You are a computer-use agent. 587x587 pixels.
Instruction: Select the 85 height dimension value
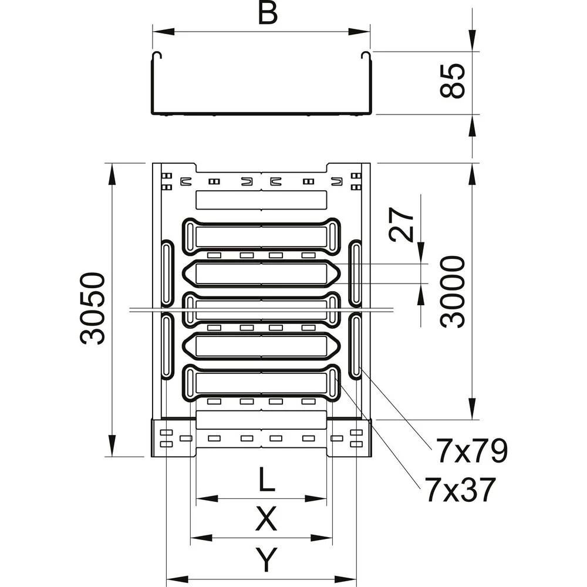(x=454, y=82)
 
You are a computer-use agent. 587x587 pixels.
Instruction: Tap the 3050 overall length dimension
(x=93, y=308)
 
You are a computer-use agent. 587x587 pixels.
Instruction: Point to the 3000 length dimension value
(x=454, y=291)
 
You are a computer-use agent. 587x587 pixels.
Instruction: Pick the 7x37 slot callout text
(x=461, y=490)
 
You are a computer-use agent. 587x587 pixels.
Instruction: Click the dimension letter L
(x=266, y=481)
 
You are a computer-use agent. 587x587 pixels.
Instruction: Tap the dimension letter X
(x=266, y=519)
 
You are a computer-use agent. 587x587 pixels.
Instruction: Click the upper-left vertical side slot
(x=167, y=273)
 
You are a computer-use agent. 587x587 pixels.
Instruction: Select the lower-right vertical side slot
(x=356, y=346)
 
